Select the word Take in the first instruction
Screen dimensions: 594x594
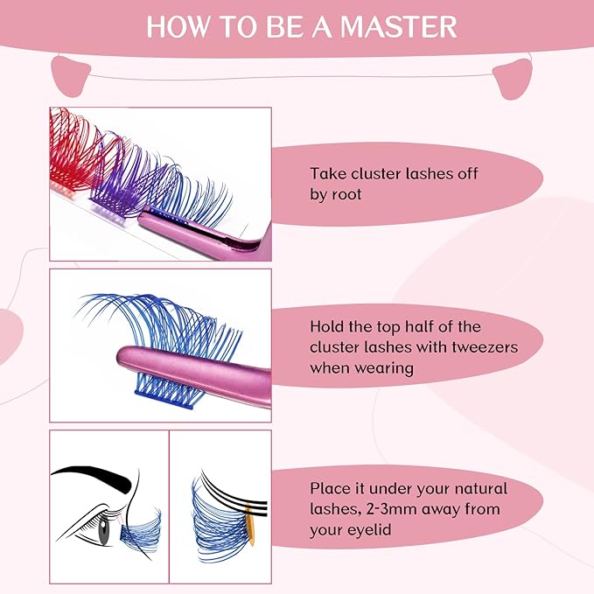click(328, 173)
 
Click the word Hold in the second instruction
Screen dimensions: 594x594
click(328, 326)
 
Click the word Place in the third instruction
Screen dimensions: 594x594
click(331, 489)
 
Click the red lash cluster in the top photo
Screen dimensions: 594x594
click(74, 144)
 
